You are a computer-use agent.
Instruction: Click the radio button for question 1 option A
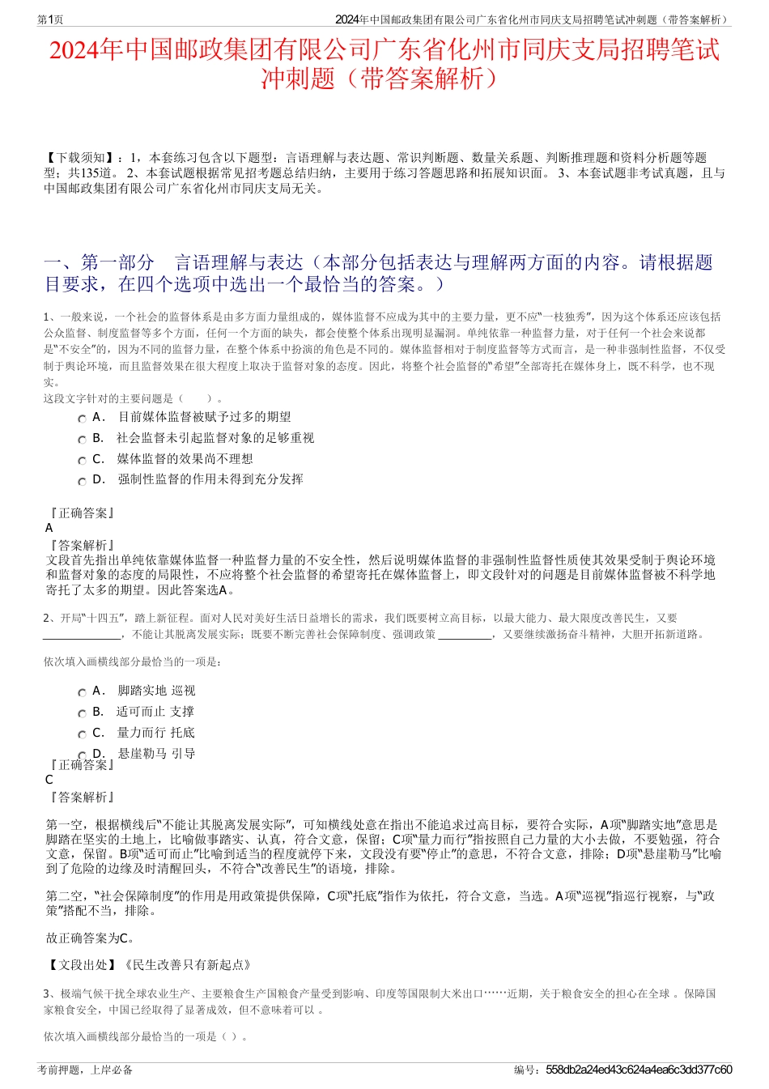click(82, 419)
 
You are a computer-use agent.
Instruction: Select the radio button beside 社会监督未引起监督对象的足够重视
click(82, 440)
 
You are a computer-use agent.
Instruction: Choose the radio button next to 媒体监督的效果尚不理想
click(82, 461)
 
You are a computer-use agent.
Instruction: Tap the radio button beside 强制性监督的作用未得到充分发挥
click(82, 482)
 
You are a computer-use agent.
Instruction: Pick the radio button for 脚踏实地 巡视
click(82, 692)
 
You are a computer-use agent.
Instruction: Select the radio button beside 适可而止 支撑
click(82, 713)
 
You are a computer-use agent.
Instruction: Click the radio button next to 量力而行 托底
click(82, 734)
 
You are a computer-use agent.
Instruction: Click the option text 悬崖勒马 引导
click(156, 754)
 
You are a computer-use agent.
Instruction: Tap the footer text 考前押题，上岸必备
click(85, 1070)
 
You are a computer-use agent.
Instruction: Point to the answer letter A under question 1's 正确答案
click(49, 528)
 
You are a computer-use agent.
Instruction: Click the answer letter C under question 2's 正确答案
click(49, 780)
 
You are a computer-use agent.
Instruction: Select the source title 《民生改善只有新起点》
click(185, 964)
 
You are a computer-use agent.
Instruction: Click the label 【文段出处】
click(82, 964)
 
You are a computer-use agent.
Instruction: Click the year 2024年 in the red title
click(88, 50)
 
